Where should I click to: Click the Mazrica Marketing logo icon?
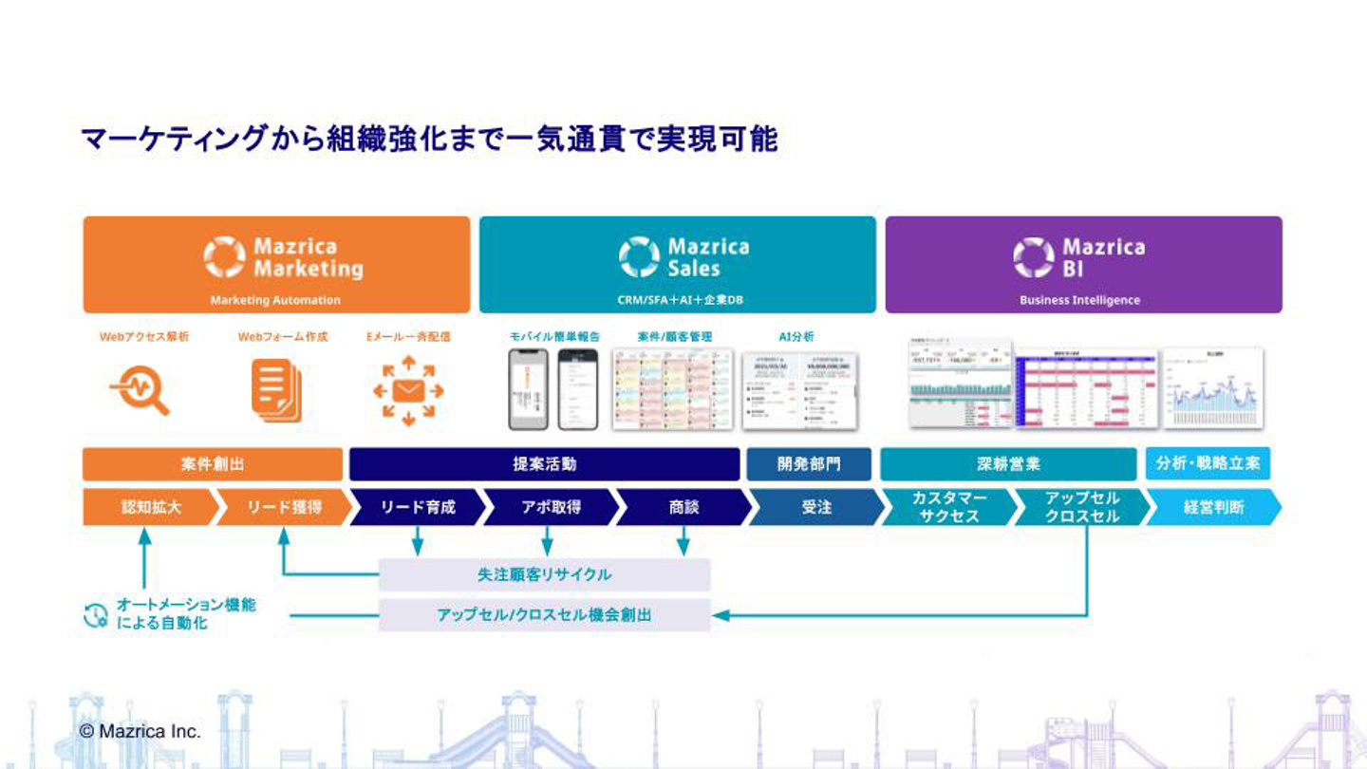click(224, 257)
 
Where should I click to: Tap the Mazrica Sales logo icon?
click(639, 257)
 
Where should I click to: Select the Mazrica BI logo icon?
click(1033, 257)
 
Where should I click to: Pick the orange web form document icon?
click(276, 389)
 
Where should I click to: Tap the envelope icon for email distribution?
click(408, 389)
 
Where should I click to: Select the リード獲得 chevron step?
click(283, 507)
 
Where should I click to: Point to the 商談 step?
click(683, 507)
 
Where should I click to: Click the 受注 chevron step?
click(816, 507)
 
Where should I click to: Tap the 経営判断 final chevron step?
click(1213, 507)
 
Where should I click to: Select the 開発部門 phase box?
click(809, 464)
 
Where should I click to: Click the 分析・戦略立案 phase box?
click(1208, 463)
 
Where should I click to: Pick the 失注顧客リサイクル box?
click(544, 574)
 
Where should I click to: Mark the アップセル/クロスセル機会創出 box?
click(544, 615)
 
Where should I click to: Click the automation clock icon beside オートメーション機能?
click(96, 615)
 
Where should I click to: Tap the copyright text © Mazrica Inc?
click(140, 731)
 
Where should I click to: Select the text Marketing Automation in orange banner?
click(275, 300)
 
